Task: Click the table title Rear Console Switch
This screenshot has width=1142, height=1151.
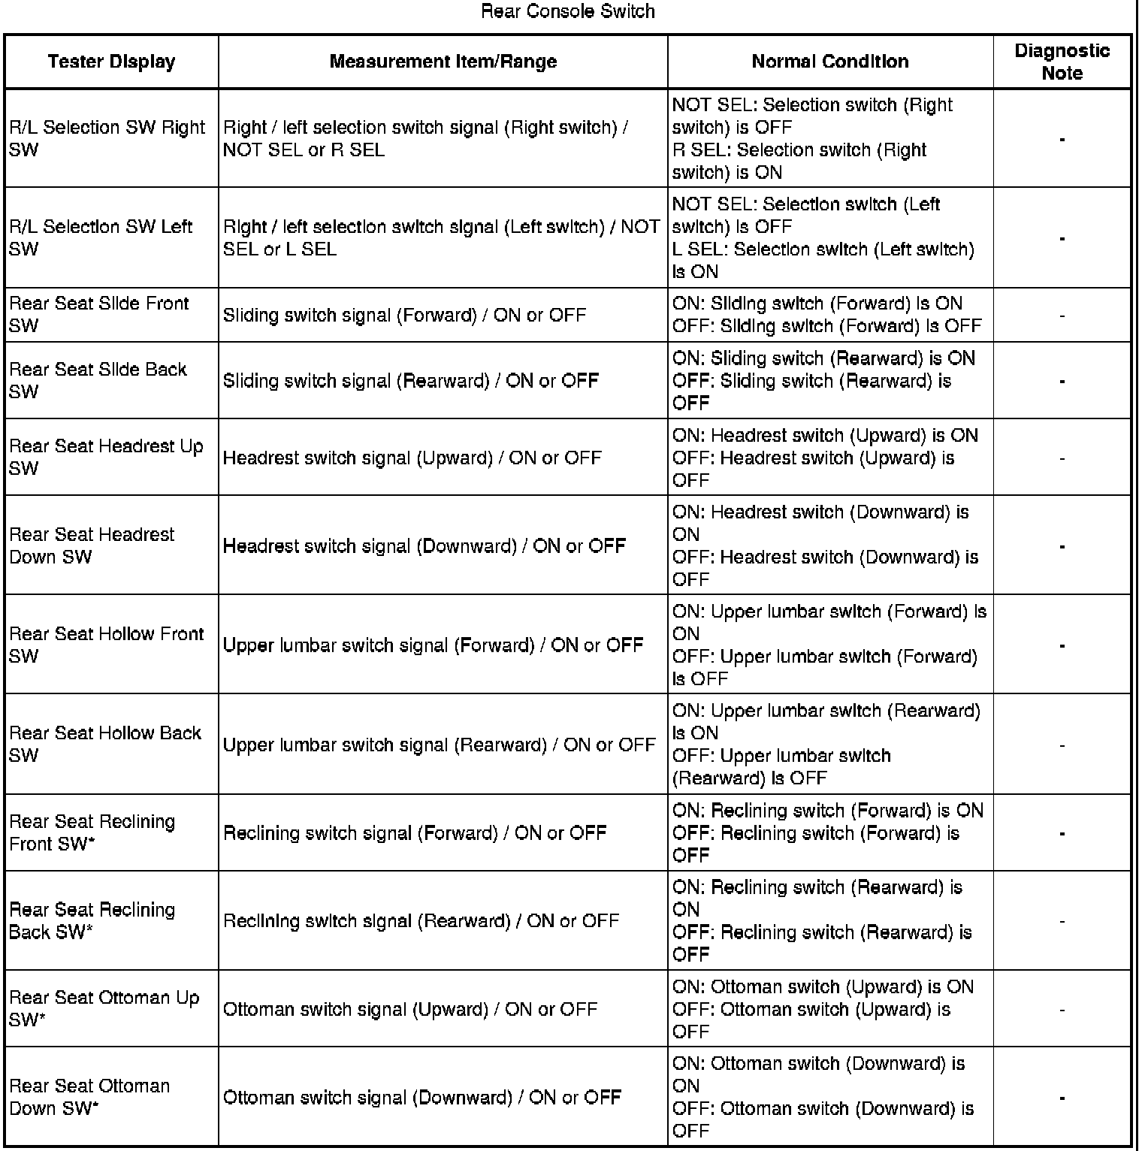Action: point(567,11)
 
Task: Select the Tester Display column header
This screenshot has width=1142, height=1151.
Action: point(111,62)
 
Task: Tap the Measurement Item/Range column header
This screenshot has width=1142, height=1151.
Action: point(443,62)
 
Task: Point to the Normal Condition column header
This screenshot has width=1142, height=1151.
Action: point(829,62)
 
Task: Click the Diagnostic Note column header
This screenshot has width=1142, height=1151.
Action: point(1062,62)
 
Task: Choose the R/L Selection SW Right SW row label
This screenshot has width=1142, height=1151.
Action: point(107,138)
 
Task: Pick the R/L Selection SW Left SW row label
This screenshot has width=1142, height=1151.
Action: point(101,237)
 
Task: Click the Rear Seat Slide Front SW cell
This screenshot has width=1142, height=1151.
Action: point(98,315)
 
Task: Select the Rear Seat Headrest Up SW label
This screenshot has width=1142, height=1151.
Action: point(106,457)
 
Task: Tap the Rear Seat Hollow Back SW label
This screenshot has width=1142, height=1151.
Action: point(105,744)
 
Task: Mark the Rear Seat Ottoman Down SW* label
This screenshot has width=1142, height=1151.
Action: point(89,1097)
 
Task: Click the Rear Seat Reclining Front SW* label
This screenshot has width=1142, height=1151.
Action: point(92,832)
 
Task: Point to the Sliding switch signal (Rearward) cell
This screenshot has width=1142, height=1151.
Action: point(410,381)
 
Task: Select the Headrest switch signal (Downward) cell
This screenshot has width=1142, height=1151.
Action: point(424,545)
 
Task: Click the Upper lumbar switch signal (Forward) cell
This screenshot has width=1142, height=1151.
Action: point(433,645)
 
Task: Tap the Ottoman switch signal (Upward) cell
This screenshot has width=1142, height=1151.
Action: point(409,1009)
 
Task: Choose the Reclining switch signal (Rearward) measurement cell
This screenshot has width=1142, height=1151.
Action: point(421,920)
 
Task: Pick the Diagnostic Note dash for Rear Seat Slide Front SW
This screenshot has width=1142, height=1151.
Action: point(1062,316)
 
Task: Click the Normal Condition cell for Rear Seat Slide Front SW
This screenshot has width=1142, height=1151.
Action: point(826,315)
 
